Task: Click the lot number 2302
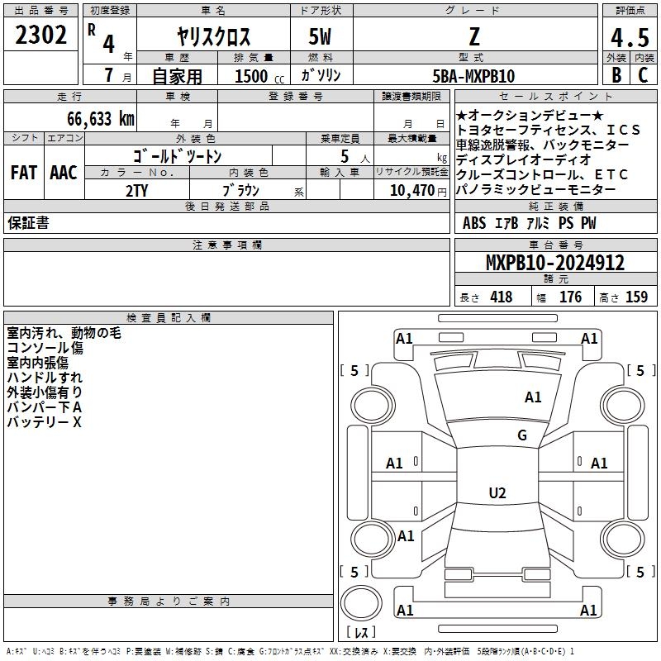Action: tap(40, 35)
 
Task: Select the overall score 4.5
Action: tap(630, 37)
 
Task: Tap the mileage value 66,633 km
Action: tap(101, 119)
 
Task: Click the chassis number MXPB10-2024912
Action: tap(555, 263)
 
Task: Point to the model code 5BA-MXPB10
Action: tap(473, 76)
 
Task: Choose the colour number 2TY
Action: tap(136, 191)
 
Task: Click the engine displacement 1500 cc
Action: tap(259, 76)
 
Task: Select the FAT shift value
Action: tap(24, 173)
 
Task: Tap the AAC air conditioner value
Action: tap(64, 173)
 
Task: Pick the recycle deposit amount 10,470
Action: tap(412, 191)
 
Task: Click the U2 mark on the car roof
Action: tap(497, 492)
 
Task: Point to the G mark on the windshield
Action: tap(522, 435)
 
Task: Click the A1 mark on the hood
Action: tap(533, 397)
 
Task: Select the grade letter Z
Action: tap(474, 36)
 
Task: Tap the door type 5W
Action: tap(320, 36)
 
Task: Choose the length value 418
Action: tap(502, 297)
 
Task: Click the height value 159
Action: tap(636, 297)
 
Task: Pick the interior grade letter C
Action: tap(643, 75)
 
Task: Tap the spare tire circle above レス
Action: tap(361, 603)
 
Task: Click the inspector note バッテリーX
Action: tap(44, 422)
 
